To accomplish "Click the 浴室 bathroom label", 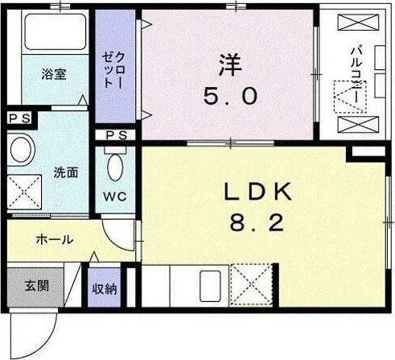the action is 54,74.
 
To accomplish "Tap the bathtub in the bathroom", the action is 56,32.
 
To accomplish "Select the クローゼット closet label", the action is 114,70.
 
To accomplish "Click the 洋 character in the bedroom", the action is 230,65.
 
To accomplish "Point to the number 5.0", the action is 230,97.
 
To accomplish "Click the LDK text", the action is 257,192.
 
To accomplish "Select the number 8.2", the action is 257,224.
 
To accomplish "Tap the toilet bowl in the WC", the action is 115,167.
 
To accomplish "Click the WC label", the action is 115,197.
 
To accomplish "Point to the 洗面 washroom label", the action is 66,172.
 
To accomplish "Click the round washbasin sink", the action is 21,150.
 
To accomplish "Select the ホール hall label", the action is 55,239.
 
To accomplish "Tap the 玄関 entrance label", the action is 37,286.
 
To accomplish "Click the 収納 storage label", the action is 105,289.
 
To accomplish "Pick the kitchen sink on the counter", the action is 210,286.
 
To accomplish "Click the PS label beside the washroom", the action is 19,118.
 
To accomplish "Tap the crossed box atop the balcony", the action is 358,23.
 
